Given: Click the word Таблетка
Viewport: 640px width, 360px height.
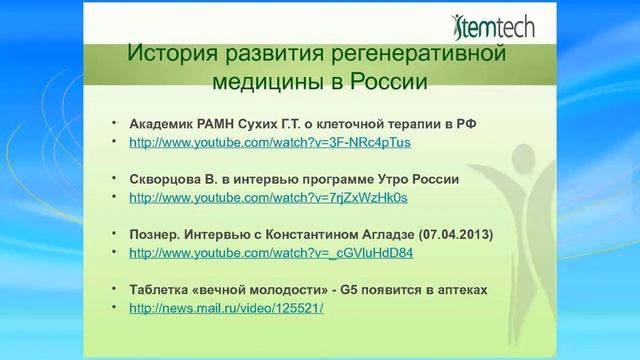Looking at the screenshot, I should click(x=165, y=290).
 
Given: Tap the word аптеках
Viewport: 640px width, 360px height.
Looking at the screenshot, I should click(x=458, y=290).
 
